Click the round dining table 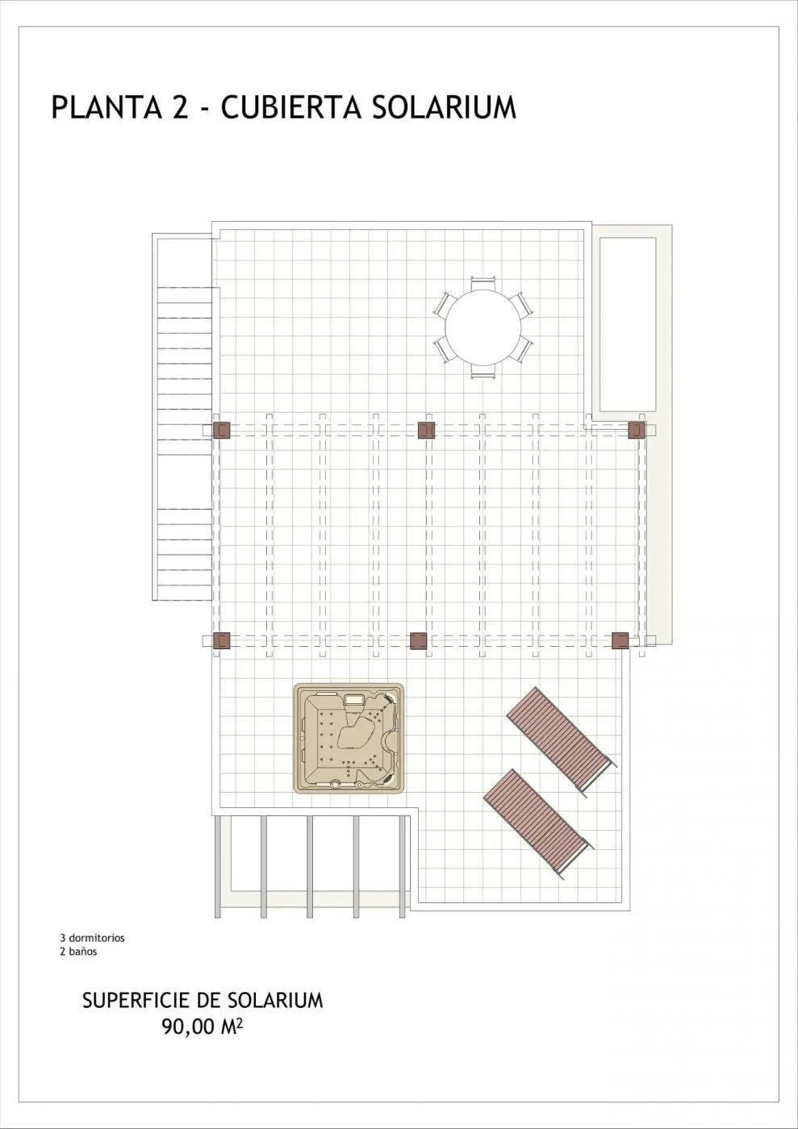(483, 327)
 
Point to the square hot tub (349, 738)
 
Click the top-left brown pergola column (222, 430)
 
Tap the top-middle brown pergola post (427, 430)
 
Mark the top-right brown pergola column (637, 430)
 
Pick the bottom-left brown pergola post (222, 641)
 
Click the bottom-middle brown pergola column (418, 641)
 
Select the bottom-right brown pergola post (620, 641)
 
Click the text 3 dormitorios (92, 938)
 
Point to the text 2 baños (78, 952)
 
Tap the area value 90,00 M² (203, 1027)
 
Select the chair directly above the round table (483, 283)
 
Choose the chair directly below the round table (483, 371)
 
